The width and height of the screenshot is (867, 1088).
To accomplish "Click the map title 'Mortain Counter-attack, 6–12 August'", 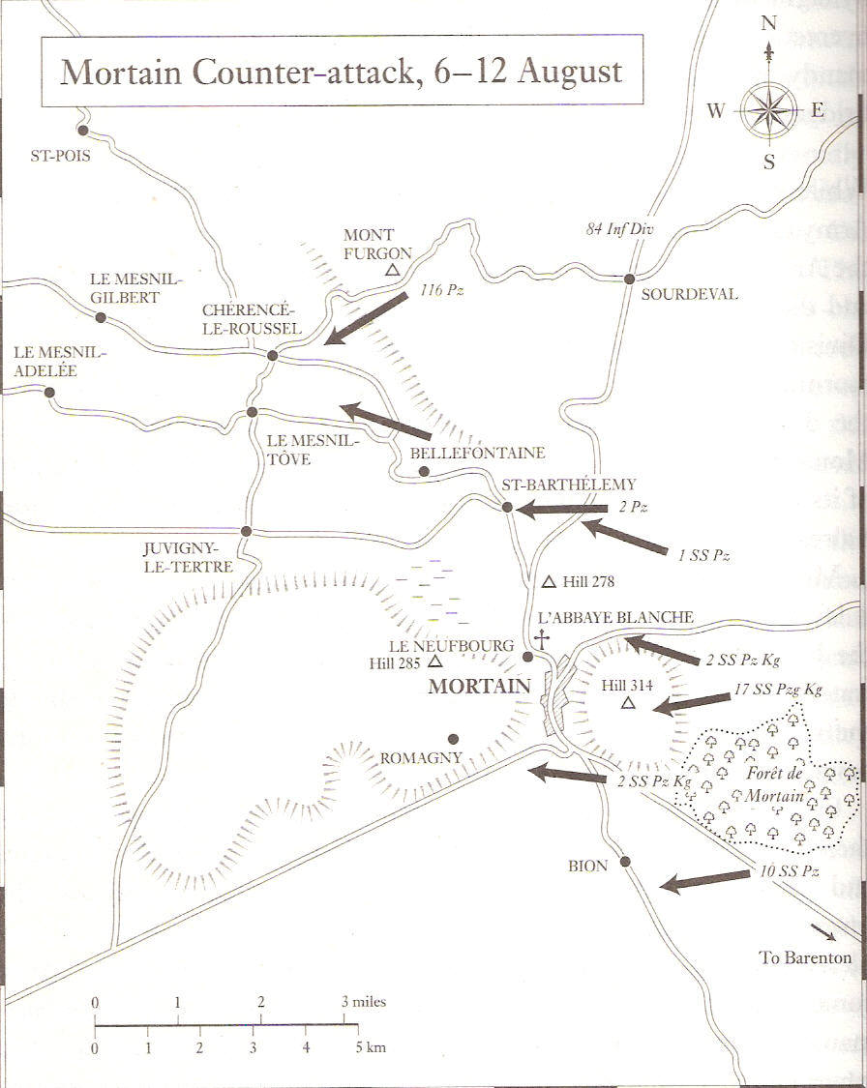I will (x=341, y=72).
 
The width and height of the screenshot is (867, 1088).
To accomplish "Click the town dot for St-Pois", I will (x=83, y=131).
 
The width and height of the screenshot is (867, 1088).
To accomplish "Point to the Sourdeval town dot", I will (x=629, y=279).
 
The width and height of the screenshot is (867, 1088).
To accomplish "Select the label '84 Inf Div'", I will (x=619, y=230).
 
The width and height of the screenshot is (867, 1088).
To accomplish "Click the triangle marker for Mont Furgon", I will (x=392, y=271).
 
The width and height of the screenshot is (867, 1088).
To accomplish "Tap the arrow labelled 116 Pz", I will (x=367, y=318).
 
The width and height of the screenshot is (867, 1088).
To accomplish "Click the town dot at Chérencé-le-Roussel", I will (x=273, y=356).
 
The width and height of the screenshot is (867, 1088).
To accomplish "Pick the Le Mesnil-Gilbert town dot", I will (x=100, y=317).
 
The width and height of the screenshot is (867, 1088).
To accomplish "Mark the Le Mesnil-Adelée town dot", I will (x=49, y=393).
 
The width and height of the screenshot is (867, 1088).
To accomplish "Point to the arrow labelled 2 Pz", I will (x=562, y=508).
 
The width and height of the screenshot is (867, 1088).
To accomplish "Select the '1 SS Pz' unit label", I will (x=703, y=555).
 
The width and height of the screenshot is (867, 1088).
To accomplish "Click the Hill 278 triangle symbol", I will (x=549, y=582).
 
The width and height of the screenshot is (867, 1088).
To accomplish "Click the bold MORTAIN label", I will (x=480, y=687).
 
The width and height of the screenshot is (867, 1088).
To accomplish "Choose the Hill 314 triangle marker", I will (x=627, y=703).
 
